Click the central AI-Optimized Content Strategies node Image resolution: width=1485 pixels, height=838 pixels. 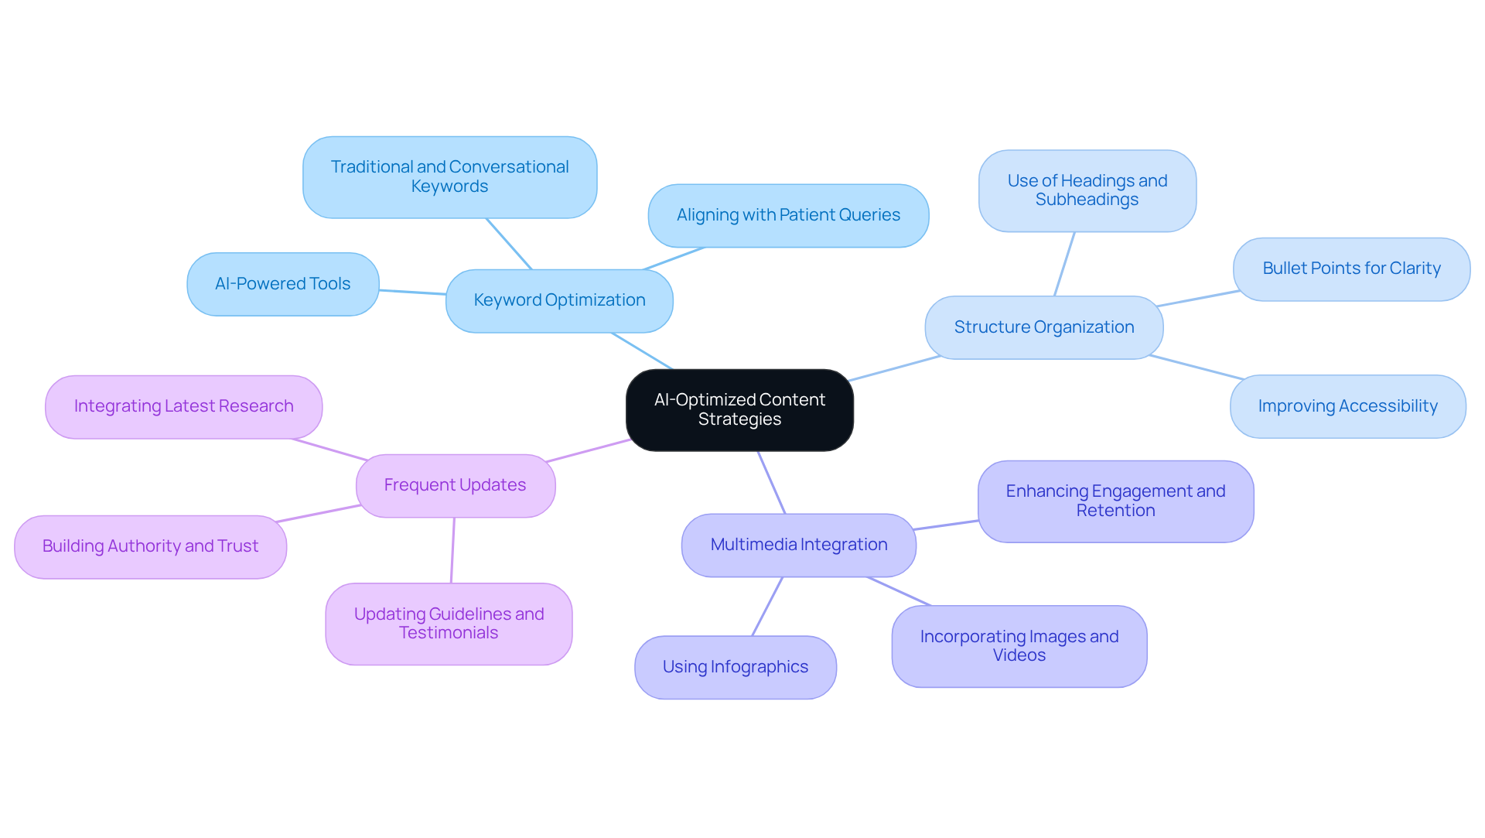[x=739, y=410]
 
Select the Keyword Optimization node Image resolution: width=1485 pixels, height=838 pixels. [x=559, y=301]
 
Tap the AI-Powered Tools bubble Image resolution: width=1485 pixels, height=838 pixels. [x=283, y=284]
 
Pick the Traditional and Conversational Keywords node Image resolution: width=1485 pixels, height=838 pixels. [x=449, y=177]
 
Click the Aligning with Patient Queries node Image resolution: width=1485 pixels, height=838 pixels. [x=788, y=216]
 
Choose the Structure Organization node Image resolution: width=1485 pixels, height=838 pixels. [x=1043, y=327]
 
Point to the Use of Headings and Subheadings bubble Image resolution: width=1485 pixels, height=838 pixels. [x=1087, y=190]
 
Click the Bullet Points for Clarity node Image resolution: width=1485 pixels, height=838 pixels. [x=1351, y=269]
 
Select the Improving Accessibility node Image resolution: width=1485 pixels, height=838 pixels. [x=1347, y=407]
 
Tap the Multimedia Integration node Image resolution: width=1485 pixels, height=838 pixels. [x=798, y=545]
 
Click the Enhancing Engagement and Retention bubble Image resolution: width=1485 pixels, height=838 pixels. [x=1115, y=501]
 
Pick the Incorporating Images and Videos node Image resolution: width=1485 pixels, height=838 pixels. [x=1019, y=646]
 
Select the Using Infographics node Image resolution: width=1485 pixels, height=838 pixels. [x=735, y=667]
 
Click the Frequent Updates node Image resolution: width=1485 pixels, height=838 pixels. [x=455, y=486]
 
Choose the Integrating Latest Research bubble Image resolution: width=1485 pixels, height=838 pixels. [x=183, y=407]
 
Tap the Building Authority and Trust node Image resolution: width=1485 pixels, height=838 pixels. [x=150, y=547]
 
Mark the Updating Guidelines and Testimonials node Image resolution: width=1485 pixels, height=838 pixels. [x=449, y=624]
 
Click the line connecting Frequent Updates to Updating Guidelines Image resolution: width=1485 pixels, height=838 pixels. [x=452, y=550]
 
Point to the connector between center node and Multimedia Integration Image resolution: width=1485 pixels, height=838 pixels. [x=771, y=482]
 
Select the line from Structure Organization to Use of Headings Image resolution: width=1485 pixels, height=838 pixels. [x=1064, y=264]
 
